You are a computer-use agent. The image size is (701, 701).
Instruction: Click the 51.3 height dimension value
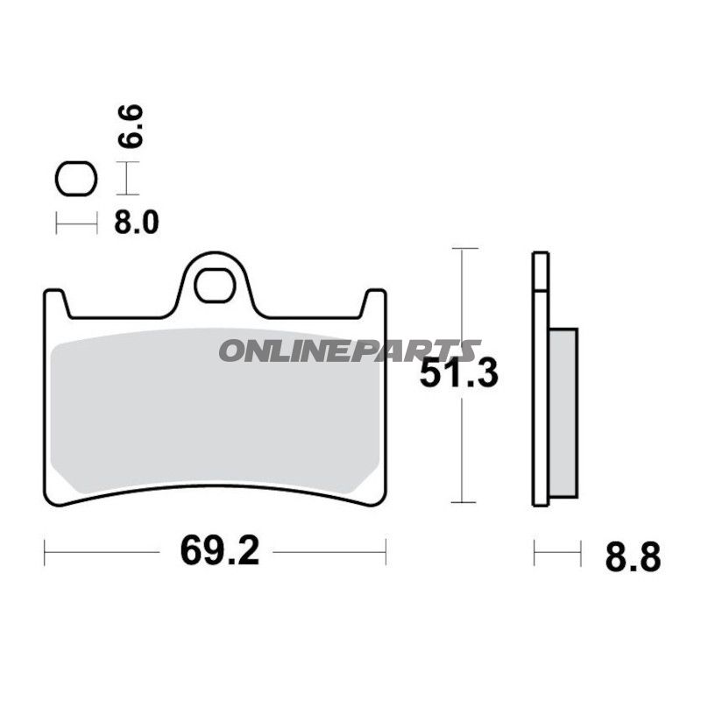click(x=458, y=375)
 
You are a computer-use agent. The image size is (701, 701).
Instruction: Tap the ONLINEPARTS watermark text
click(x=349, y=350)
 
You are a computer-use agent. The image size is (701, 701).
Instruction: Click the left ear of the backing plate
click(x=55, y=302)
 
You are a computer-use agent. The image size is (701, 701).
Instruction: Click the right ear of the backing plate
click(x=375, y=302)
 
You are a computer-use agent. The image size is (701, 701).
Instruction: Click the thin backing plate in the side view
click(x=541, y=377)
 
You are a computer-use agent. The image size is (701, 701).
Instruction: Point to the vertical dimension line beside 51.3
click(x=464, y=438)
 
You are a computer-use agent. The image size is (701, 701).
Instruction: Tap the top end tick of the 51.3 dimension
click(x=464, y=250)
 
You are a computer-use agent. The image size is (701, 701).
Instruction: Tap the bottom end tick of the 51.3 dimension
click(x=464, y=502)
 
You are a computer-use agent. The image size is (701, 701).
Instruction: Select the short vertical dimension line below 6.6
click(x=128, y=181)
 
